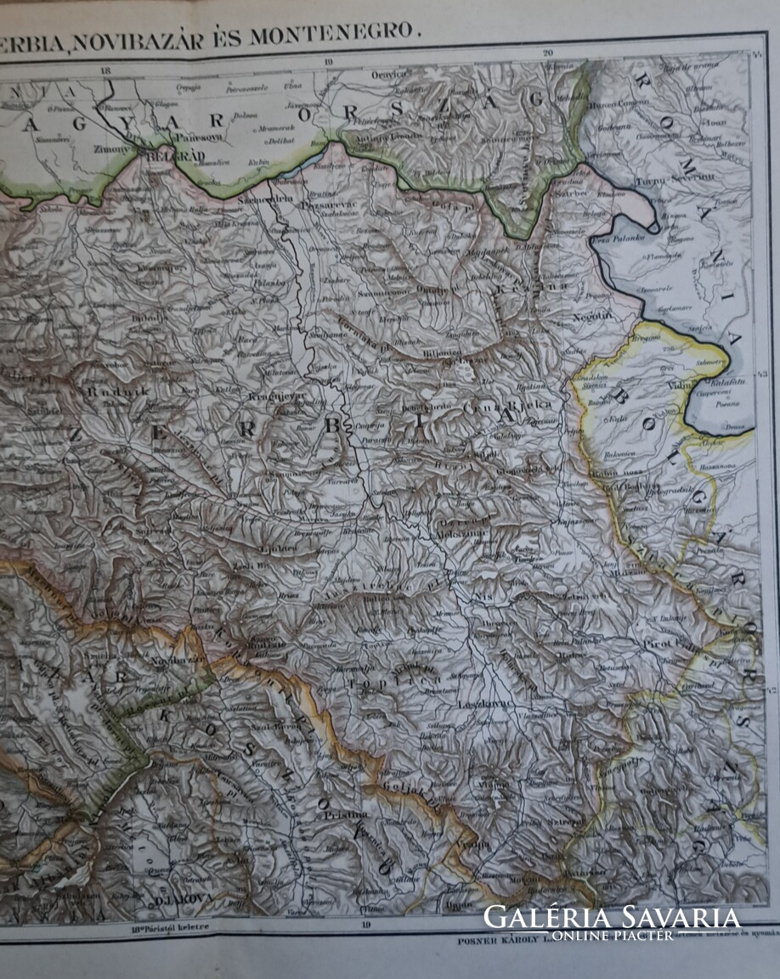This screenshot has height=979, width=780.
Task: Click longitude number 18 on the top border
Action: point(104,70)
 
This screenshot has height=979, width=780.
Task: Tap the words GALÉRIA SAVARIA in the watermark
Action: point(612,917)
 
